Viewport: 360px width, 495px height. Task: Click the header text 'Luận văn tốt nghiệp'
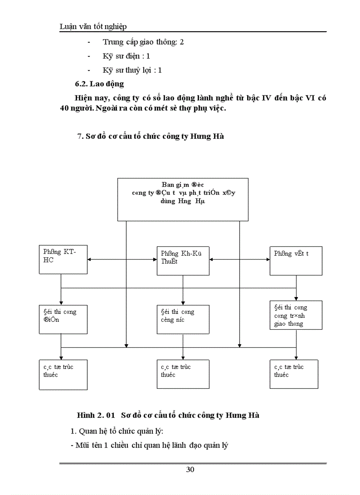click(93, 27)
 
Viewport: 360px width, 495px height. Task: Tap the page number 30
click(190, 469)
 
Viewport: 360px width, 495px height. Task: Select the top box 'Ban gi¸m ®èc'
click(183, 199)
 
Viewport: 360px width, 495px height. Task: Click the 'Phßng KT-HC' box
click(63, 261)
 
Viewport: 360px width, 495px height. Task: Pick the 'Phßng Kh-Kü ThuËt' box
click(183, 261)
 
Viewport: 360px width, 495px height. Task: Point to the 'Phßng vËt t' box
click(296, 261)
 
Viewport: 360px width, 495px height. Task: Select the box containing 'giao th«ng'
click(296, 315)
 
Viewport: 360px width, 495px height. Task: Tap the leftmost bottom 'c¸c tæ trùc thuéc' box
click(63, 374)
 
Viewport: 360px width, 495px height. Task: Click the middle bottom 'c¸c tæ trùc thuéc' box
click(183, 374)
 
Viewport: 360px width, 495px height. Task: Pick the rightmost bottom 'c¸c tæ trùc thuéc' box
click(294, 374)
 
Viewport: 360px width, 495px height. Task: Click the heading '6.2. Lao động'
click(99, 84)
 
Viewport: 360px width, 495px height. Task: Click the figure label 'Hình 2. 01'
click(96, 415)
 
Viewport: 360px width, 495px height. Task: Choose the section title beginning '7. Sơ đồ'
click(150, 136)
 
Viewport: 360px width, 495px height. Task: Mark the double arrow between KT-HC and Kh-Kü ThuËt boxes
click(122, 261)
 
